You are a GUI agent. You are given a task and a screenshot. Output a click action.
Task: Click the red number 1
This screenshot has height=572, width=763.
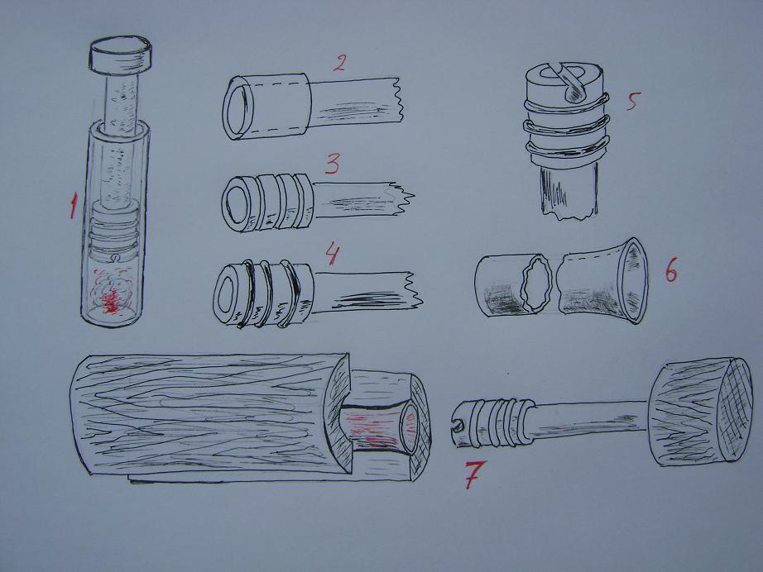point(73,205)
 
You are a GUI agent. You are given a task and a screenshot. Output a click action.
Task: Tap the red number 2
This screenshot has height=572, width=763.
point(339,63)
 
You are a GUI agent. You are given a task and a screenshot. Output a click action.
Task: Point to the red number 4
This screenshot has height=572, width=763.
point(332,254)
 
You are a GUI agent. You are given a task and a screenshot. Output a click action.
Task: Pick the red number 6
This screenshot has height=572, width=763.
point(671,273)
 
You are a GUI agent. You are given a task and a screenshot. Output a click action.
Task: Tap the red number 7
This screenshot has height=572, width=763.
point(474,474)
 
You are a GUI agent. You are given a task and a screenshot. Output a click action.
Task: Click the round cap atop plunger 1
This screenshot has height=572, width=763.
point(120,55)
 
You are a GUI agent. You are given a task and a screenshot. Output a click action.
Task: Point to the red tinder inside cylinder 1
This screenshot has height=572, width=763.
point(112,294)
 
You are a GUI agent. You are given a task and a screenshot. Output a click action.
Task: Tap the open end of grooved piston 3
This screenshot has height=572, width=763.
point(237,203)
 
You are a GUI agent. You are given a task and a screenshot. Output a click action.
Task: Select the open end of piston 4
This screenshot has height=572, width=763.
point(228,293)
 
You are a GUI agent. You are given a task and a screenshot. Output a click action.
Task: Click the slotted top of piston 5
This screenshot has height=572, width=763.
point(565,80)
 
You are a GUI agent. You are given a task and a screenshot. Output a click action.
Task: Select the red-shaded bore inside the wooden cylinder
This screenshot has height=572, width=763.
point(377,427)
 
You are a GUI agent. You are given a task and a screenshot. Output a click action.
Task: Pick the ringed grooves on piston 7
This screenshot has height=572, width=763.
point(501,422)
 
